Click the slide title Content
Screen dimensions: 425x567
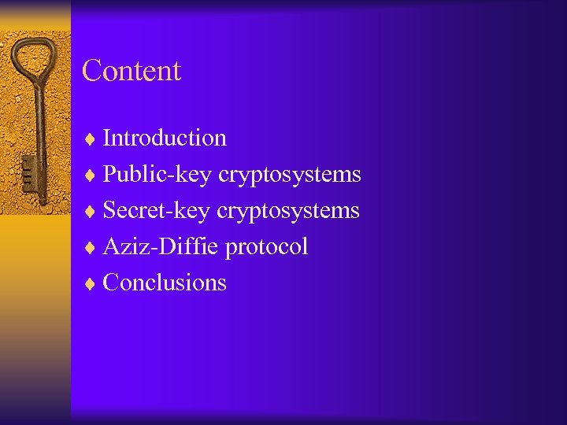click(132, 71)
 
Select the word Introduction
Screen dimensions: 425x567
click(165, 138)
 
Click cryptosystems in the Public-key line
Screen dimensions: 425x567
click(289, 175)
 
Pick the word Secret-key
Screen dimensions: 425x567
click(157, 210)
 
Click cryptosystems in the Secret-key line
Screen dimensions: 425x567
click(288, 211)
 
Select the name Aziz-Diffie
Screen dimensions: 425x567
click(161, 246)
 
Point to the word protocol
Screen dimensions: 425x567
click(266, 247)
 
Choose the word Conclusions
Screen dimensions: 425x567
click(165, 283)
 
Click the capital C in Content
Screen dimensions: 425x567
click(91, 71)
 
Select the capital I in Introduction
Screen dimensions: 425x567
click(107, 138)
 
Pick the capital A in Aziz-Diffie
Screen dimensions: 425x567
click(111, 246)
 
